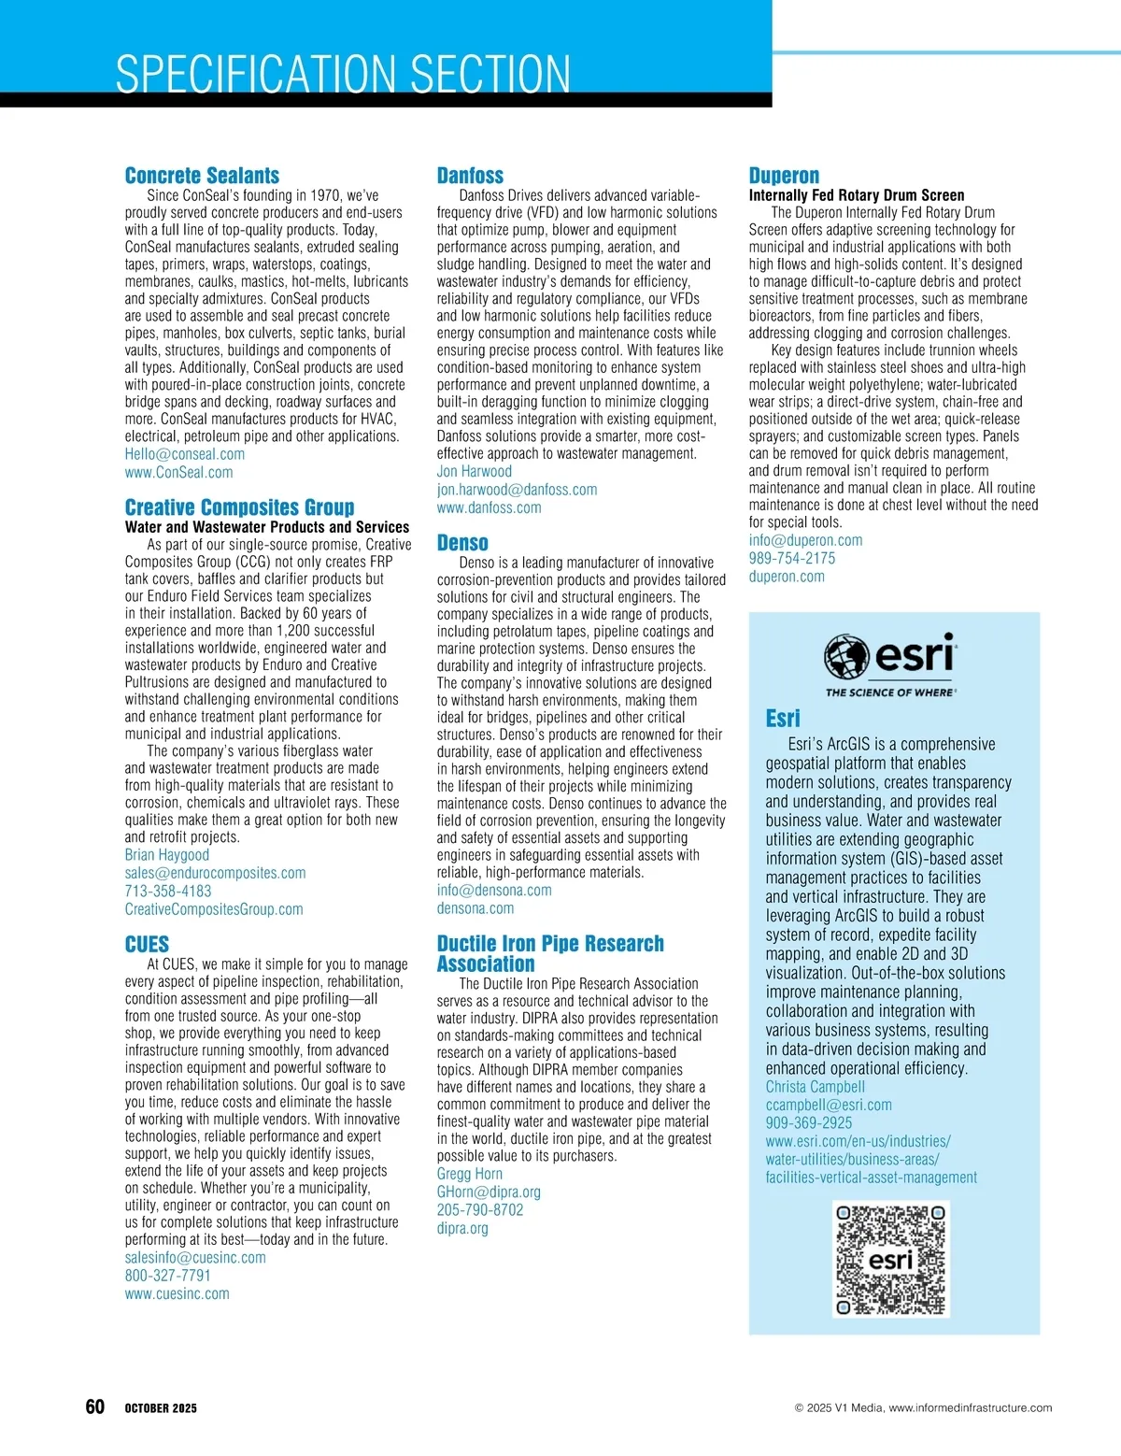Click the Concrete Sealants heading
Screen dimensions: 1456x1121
(x=202, y=176)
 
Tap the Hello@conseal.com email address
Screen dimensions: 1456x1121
(x=185, y=454)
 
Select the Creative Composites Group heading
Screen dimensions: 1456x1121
(x=239, y=507)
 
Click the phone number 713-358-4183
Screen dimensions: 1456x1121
(x=168, y=892)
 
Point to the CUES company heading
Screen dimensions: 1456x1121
(x=147, y=944)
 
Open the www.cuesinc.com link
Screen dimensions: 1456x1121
(x=177, y=1294)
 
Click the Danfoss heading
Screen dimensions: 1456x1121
(x=470, y=176)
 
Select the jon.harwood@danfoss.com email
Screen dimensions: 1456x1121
(x=517, y=490)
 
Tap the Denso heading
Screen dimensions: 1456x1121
(x=462, y=543)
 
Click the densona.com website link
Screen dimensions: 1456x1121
(x=475, y=908)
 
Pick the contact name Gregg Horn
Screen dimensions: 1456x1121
(x=469, y=1174)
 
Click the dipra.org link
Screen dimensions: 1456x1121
(x=462, y=1228)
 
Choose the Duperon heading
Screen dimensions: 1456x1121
(x=784, y=176)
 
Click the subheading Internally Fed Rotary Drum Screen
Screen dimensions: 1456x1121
(x=856, y=195)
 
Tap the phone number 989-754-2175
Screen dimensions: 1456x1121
(x=792, y=559)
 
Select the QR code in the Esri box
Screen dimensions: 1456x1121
(x=891, y=1259)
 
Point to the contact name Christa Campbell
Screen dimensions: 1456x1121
(x=816, y=1087)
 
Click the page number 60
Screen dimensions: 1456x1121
(x=94, y=1407)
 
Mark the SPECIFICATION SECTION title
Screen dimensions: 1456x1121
(x=343, y=74)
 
